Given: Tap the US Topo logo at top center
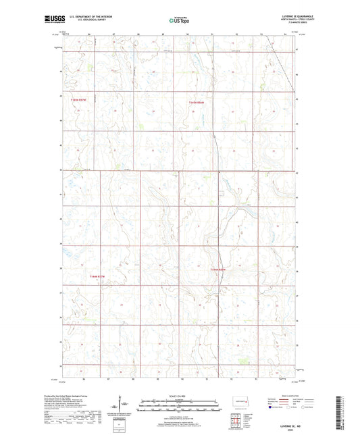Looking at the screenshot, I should pos(180,20).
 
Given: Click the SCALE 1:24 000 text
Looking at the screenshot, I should pos(180,396).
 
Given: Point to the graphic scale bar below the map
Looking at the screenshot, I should pos(180,406).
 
